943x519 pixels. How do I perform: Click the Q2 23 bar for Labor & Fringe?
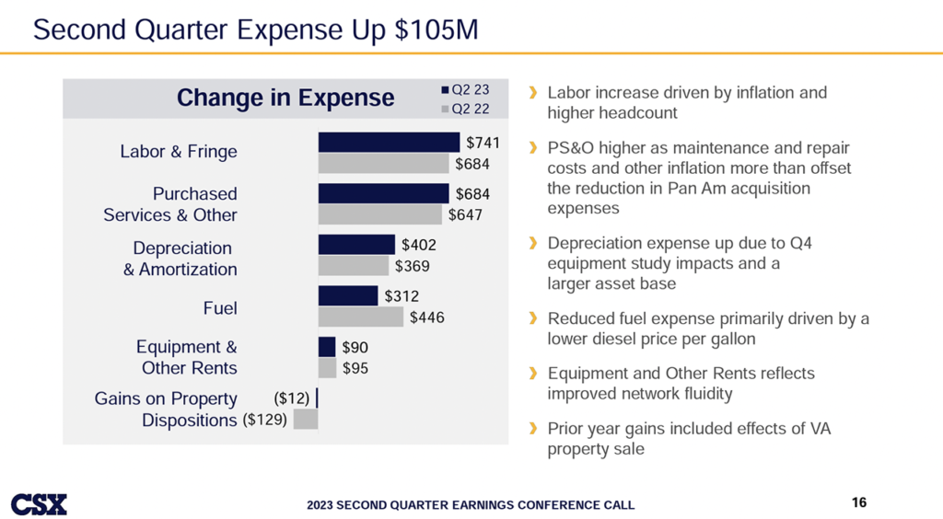(x=389, y=142)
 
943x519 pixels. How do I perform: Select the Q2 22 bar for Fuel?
(x=361, y=317)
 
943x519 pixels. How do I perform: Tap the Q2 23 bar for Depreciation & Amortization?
(x=356, y=244)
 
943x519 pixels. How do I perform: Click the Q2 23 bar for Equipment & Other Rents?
(x=327, y=347)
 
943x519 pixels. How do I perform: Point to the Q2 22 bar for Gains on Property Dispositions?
(x=306, y=419)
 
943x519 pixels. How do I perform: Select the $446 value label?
(x=426, y=317)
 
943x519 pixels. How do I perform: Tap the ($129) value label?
(x=265, y=420)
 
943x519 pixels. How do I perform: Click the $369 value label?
(x=413, y=266)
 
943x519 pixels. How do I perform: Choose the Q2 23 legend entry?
(x=467, y=90)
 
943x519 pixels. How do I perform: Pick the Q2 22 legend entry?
(x=467, y=109)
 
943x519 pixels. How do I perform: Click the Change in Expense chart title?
(x=285, y=98)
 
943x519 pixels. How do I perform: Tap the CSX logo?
(x=39, y=503)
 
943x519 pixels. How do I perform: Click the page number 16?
(x=859, y=502)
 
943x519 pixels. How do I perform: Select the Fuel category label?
(x=220, y=307)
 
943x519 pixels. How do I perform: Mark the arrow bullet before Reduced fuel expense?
(x=533, y=318)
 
